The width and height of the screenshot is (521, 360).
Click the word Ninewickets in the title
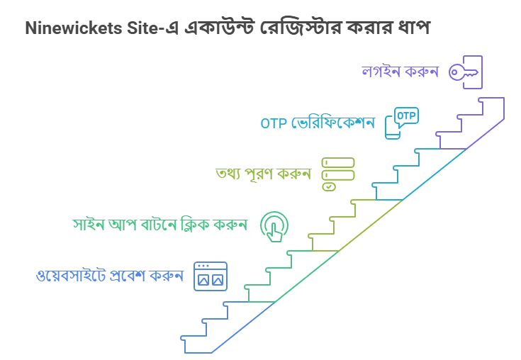(74, 28)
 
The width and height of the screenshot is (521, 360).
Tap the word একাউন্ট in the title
(220, 27)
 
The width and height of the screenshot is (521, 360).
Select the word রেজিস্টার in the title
(301, 27)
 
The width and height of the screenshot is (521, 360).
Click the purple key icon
(465, 72)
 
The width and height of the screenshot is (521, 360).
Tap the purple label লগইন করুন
(400, 72)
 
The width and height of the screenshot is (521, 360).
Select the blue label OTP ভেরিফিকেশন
(318, 123)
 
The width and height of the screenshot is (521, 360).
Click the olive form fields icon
(338, 174)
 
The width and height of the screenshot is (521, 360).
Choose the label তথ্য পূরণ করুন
(263, 174)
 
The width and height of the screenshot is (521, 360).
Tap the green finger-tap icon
(274, 227)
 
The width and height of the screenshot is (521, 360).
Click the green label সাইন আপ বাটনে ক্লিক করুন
(160, 225)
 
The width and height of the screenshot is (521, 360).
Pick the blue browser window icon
(211, 276)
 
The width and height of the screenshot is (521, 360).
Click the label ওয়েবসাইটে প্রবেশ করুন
(110, 276)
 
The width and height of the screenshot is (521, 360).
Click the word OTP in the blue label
(274, 123)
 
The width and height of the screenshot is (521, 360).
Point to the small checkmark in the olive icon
(329, 186)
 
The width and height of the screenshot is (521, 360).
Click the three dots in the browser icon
(203, 266)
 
